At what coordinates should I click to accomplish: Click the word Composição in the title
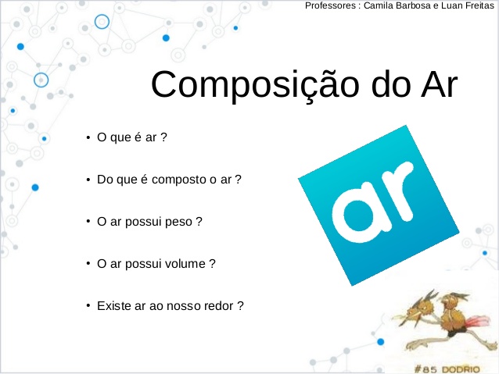pos(255,85)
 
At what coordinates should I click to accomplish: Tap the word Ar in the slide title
pos(440,84)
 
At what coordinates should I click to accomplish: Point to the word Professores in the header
pos(330,5)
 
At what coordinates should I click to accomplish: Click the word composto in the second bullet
pos(179,180)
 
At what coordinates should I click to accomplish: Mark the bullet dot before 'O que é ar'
pos(88,137)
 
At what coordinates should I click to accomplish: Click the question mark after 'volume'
pos(212,263)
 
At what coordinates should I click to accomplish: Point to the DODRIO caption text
pos(461,369)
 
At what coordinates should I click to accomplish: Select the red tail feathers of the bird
pos(476,321)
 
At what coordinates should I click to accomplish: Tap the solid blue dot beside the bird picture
pos(381,341)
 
